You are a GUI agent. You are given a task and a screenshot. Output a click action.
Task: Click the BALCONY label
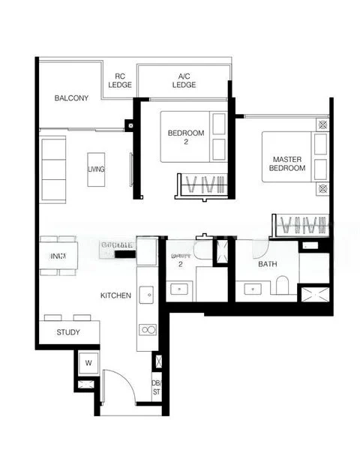pyautogui.click(x=71, y=98)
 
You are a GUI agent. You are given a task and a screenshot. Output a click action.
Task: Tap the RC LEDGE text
pyautogui.click(x=120, y=80)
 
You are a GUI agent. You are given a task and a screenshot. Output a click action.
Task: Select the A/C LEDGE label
pyautogui.click(x=184, y=80)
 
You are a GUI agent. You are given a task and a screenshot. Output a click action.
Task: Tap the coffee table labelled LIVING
pyautogui.click(x=96, y=169)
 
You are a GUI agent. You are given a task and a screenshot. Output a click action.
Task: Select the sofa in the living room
pyautogui.click(x=53, y=168)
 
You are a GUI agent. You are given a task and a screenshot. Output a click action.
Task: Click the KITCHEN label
pyautogui.click(x=115, y=295)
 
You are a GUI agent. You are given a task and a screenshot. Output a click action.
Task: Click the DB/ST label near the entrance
pyautogui.click(x=157, y=386)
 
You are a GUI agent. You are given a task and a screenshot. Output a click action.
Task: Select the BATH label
pyautogui.click(x=268, y=265)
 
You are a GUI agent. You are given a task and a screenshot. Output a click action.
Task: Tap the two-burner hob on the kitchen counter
pyautogui.click(x=148, y=328)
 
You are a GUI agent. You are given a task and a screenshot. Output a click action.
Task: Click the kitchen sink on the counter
pyautogui.click(x=147, y=293)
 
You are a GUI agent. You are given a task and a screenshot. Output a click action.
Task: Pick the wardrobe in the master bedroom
pyautogui.click(x=301, y=224)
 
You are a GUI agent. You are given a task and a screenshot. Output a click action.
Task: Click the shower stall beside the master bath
pyautogui.click(x=314, y=292)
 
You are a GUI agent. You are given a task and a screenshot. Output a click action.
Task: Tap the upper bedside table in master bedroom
pyautogui.click(x=323, y=125)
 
